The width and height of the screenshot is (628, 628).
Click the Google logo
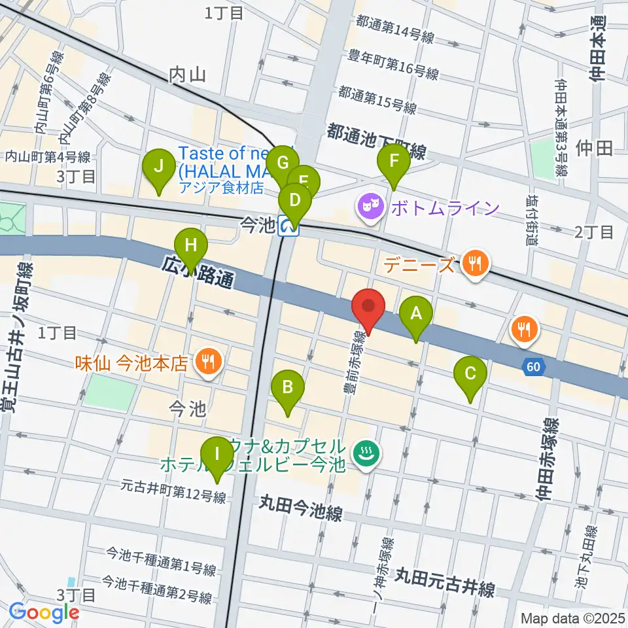pyautogui.click(x=44, y=612)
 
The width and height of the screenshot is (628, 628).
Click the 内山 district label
pyautogui.click(x=188, y=75)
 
